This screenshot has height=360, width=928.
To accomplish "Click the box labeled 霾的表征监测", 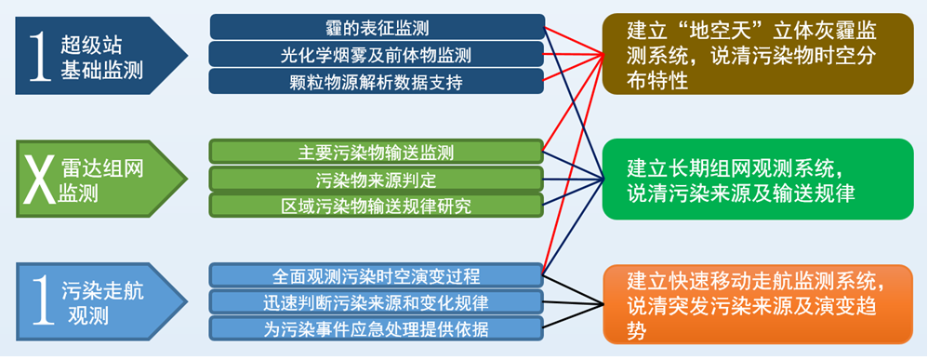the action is point(377,27).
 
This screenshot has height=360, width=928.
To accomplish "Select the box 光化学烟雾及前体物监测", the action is point(377,55).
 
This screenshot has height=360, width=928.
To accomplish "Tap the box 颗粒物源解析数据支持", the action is point(377,81).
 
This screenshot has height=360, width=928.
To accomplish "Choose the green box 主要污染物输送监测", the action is point(377,152).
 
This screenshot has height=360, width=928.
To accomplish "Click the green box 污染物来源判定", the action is point(377,179).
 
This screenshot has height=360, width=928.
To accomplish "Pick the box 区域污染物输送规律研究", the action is point(377,205).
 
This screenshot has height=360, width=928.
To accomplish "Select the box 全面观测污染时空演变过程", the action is point(377,276).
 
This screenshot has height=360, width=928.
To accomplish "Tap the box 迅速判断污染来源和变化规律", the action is point(377,302).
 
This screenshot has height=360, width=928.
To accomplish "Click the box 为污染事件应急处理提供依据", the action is point(377,328).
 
